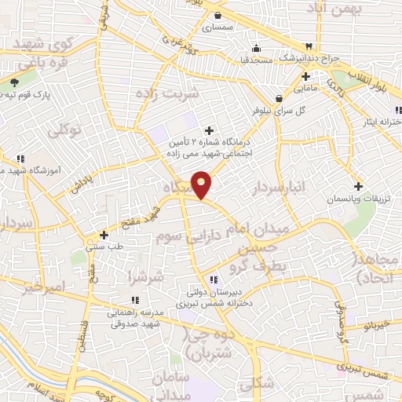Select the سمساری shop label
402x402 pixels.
tap(217, 27)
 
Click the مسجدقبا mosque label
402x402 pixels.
tap(256, 59)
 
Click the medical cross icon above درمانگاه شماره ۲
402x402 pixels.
tap(209, 130)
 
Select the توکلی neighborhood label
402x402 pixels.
tap(64, 131)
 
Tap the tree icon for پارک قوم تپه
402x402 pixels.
tap(14, 82)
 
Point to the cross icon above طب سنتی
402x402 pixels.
tap(104, 235)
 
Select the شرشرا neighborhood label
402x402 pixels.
tap(147, 278)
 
